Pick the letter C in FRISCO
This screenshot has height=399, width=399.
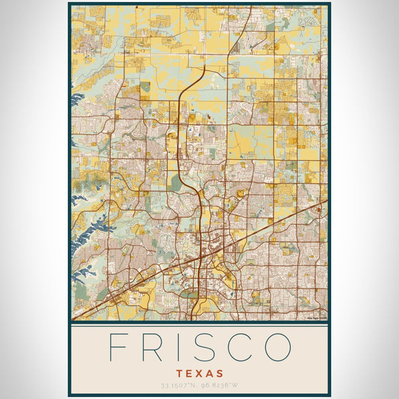click(x=241, y=347)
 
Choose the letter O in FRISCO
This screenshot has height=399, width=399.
click(x=279, y=347)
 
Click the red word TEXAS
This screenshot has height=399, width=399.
click(x=199, y=374)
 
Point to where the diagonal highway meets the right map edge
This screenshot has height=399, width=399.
click(x=327, y=201)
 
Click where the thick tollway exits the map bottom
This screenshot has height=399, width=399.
click(x=192, y=319)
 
